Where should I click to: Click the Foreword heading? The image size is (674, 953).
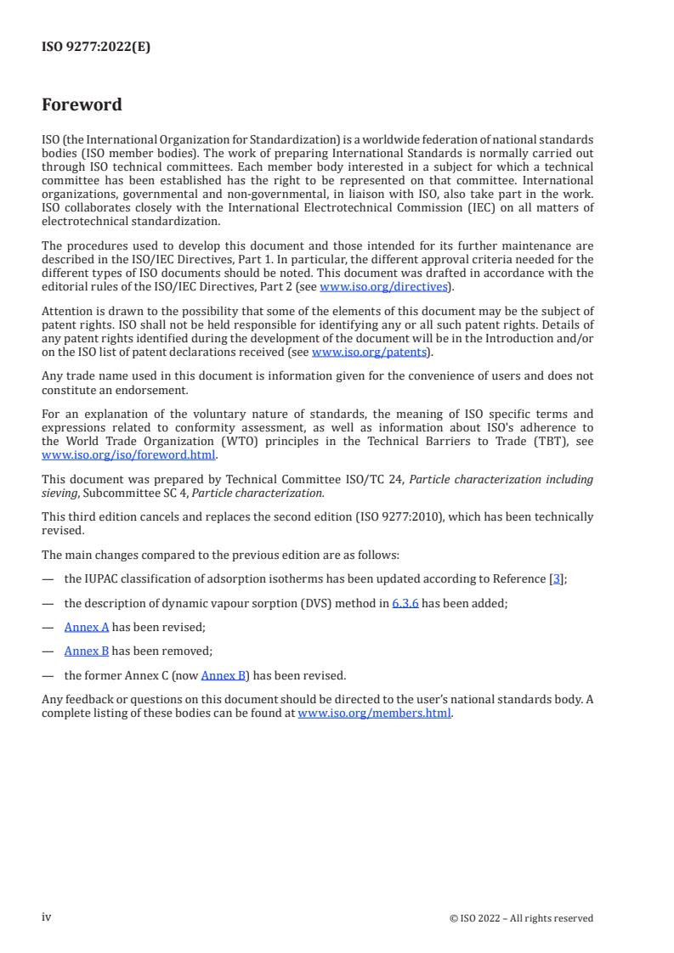click(82, 105)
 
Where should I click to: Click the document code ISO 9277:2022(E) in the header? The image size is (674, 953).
click(96, 48)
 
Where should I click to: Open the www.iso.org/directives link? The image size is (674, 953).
click(383, 287)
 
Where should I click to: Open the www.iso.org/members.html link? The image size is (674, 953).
click(375, 713)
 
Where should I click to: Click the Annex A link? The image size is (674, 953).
click(87, 627)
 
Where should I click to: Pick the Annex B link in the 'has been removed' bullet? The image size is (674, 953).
click(87, 651)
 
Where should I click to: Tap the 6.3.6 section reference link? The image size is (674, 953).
click(405, 603)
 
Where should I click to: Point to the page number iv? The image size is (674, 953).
click(47, 917)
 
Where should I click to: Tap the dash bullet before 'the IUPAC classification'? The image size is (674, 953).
click(48, 579)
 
